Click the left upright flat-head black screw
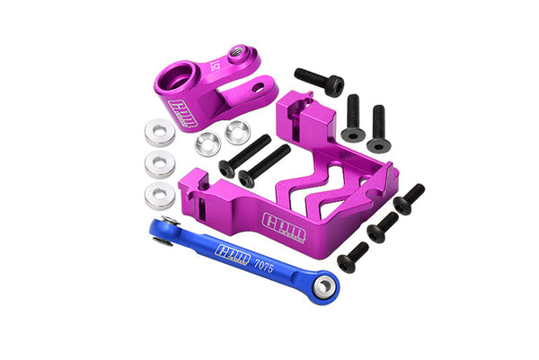351,117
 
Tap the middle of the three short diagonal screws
383,226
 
